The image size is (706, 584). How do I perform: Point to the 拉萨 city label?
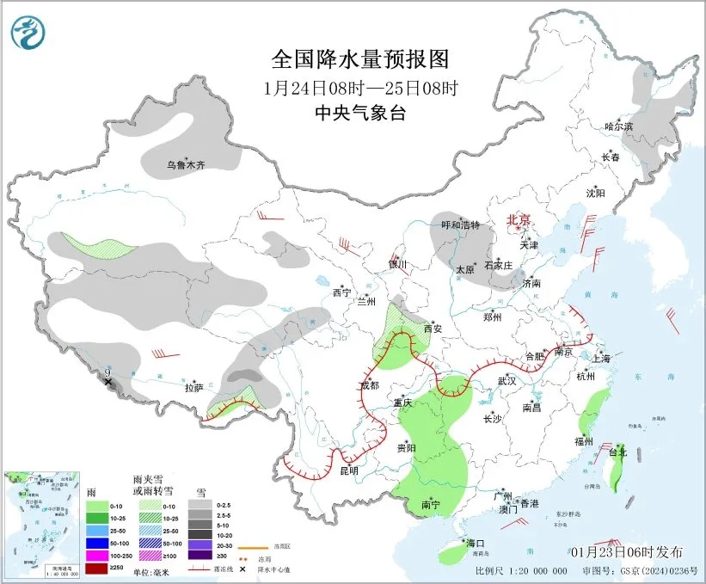(193, 388)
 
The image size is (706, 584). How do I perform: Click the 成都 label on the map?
(369, 384)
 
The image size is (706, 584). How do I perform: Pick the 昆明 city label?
(348, 470)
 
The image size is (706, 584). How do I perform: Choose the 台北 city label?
(617, 452)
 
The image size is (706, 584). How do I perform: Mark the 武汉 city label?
(506, 380)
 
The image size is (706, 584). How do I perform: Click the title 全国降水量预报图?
(359, 59)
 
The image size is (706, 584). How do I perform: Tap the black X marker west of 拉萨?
(108, 380)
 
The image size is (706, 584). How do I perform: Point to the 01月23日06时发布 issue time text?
(626, 551)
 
